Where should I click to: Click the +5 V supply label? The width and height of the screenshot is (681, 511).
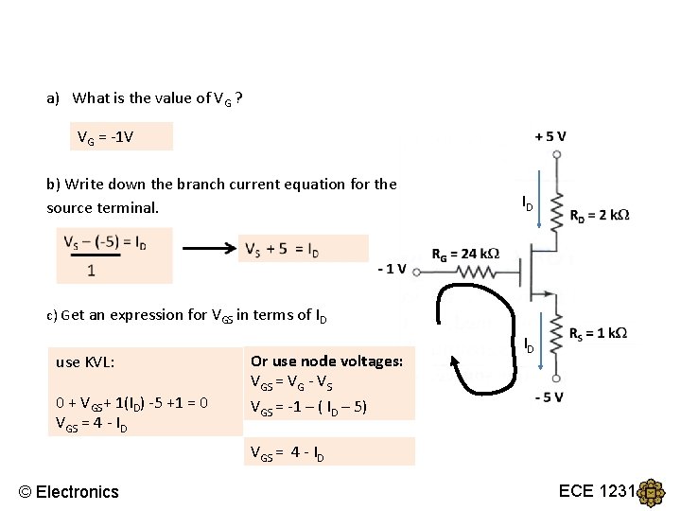click(x=550, y=135)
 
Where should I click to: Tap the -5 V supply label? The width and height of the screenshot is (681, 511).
click(x=550, y=396)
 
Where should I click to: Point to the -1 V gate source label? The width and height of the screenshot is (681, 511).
click(x=392, y=268)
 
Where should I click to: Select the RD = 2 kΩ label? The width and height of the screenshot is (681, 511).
click(x=599, y=215)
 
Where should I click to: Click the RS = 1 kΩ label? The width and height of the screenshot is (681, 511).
click(x=598, y=333)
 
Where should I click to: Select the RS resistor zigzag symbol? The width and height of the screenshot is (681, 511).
click(x=557, y=346)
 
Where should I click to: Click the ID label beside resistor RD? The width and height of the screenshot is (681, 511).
click(x=528, y=203)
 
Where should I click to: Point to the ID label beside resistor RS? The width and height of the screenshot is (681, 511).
click(x=529, y=346)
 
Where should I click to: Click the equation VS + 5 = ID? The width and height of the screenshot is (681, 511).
click(x=282, y=249)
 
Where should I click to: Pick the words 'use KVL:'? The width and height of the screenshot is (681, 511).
click(x=85, y=361)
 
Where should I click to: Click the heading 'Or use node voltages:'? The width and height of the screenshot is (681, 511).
click(x=326, y=361)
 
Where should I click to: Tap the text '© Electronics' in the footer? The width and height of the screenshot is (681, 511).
click(x=69, y=491)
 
